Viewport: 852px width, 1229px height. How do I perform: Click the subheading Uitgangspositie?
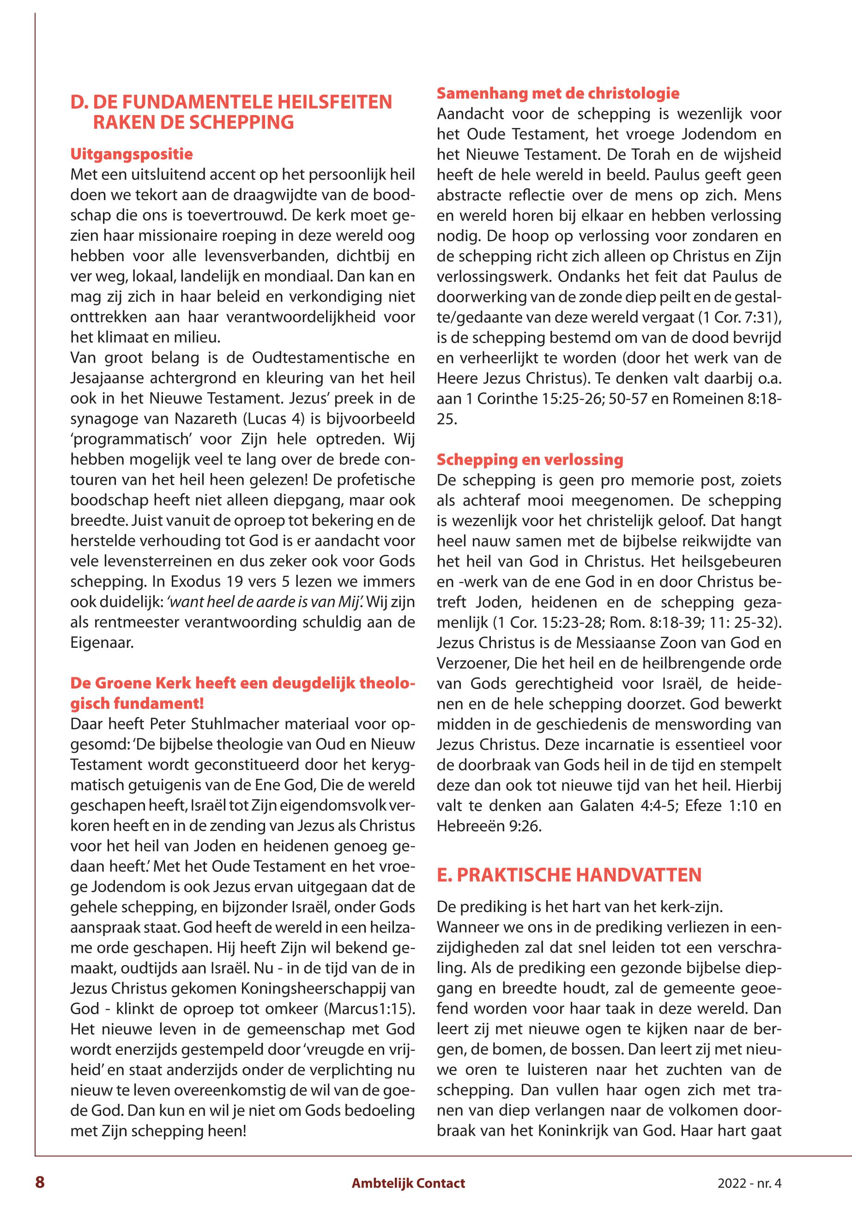(131, 155)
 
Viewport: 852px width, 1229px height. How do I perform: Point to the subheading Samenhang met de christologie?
(558, 93)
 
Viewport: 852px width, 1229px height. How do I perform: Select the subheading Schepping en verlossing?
(530, 459)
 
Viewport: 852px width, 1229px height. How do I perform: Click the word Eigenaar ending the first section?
(102, 643)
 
